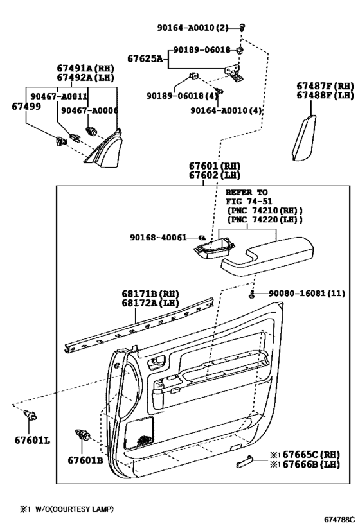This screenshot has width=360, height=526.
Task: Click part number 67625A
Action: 145,58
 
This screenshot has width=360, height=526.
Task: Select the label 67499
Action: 26,107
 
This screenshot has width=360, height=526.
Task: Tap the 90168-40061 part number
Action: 158,238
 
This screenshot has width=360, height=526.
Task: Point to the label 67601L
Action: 32,440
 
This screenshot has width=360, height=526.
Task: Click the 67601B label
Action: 85,460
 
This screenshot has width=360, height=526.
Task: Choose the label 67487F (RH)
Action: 325,86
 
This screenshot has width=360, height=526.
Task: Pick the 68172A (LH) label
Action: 150,303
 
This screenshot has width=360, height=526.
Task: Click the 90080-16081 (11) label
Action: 307,294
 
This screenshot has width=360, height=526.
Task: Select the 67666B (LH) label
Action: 311,464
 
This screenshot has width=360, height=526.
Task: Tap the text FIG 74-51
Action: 249,202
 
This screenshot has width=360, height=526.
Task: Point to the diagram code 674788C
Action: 339,520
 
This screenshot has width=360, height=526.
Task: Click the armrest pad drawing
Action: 267,256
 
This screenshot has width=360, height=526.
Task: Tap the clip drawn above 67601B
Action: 83,435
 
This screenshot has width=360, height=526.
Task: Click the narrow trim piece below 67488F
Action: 304,137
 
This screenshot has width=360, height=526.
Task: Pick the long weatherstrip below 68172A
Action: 139,326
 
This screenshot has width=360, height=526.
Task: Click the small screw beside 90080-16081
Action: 252,295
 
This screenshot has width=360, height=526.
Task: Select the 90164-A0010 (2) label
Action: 193,28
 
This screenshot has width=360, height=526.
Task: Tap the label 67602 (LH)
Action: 215,175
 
